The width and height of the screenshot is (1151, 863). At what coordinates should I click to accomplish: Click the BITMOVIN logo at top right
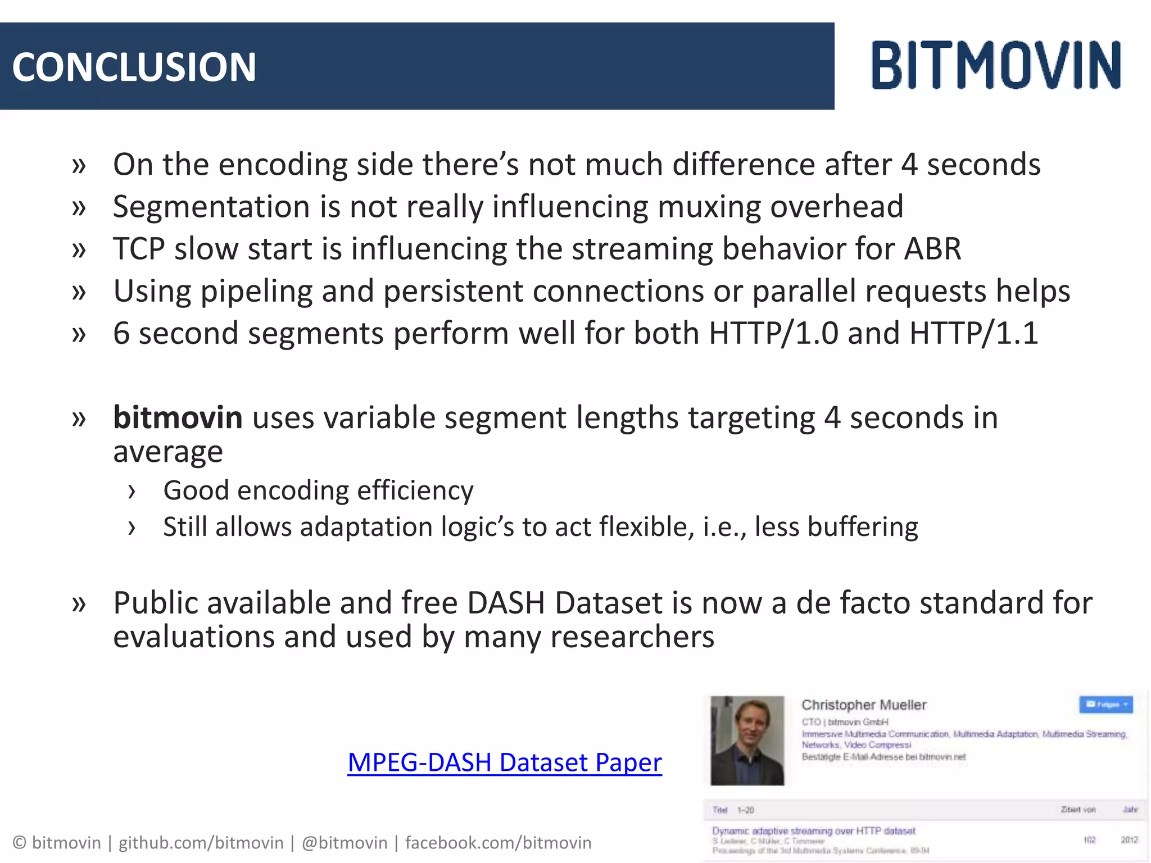(x=996, y=65)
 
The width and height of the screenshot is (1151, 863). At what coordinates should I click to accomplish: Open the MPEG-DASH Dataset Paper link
(x=504, y=762)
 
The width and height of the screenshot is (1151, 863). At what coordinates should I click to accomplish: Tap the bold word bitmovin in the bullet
(x=178, y=417)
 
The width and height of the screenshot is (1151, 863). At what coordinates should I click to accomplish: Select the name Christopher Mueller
(x=863, y=705)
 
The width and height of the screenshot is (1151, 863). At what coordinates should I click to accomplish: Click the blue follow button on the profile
(x=1105, y=704)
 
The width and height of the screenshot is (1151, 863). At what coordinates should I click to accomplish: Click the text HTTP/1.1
(x=973, y=333)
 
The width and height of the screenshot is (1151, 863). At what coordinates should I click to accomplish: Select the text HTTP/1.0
(x=773, y=333)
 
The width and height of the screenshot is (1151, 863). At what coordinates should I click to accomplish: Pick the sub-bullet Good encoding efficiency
(x=318, y=490)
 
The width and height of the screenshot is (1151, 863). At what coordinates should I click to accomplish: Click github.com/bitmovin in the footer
(x=201, y=843)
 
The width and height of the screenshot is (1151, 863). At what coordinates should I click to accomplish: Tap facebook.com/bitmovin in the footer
(x=498, y=843)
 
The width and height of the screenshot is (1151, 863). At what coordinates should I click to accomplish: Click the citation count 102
(x=1089, y=840)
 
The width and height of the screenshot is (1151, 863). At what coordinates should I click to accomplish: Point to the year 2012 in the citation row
(x=1129, y=840)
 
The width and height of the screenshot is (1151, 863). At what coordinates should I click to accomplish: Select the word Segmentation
(x=211, y=207)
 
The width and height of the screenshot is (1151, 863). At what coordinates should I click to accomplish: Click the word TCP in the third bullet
(x=139, y=249)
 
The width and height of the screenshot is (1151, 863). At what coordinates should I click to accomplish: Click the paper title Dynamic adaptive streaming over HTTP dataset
(x=813, y=831)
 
